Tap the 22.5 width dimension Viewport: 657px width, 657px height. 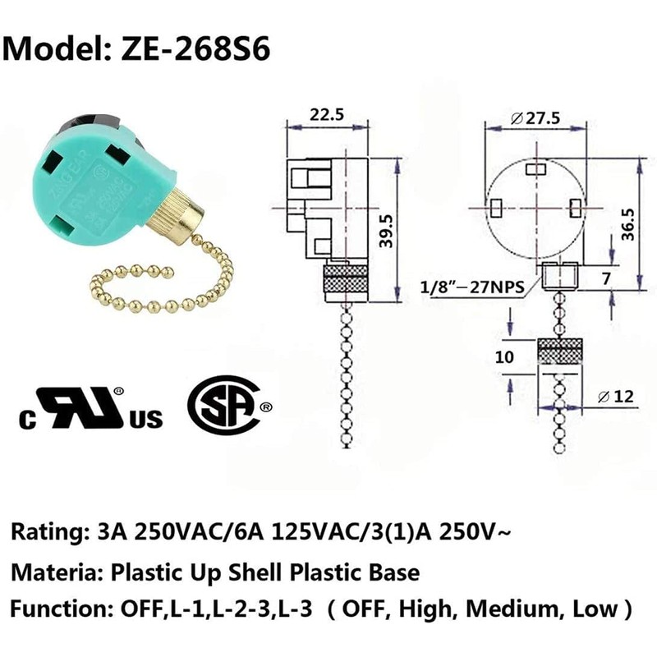tap(326, 116)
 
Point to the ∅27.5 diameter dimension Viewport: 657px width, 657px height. tap(535, 118)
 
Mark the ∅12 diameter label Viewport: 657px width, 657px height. tap(617, 397)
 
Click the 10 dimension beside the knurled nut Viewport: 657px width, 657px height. tap(504, 358)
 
